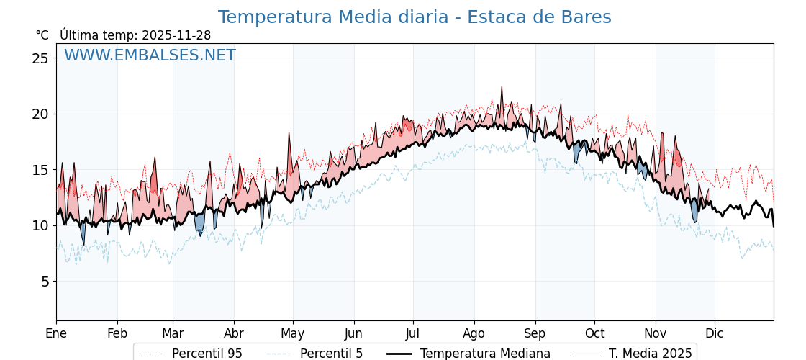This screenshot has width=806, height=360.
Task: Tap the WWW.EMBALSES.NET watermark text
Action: pyautogui.click(x=150, y=55)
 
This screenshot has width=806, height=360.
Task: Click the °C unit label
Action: pyautogui.click(x=42, y=35)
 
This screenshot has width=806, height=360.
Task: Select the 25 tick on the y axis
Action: pyautogui.click(x=40, y=58)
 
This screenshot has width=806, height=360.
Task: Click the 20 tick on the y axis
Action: pyautogui.click(x=40, y=114)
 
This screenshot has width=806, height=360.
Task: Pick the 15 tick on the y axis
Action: pyautogui.click(x=40, y=170)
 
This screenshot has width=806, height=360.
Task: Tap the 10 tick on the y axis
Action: pyautogui.click(x=40, y=225)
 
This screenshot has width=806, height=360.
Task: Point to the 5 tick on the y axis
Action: pyautogui.click(x=45, y=282)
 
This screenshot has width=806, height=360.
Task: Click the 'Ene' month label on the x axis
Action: pyautogui.click(x=56, y=334)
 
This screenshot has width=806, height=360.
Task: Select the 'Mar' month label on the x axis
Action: pyautogui.click(x=173, y=334)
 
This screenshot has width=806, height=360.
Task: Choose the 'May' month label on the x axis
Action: pyautogui.click(x=292, y=334)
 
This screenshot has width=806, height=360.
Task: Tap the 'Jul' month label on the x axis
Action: pyautogui.click(x=413, y=334)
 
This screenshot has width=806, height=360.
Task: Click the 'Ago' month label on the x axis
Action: pyautogui.click(x=474, y=334)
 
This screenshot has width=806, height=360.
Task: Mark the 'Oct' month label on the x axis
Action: pyautogui.click(x=594, y=334)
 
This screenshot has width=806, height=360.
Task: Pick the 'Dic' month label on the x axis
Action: pyautogui.click(x=715, y=334)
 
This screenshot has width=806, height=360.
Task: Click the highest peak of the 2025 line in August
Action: pyautogui.click(x=502, y=88)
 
